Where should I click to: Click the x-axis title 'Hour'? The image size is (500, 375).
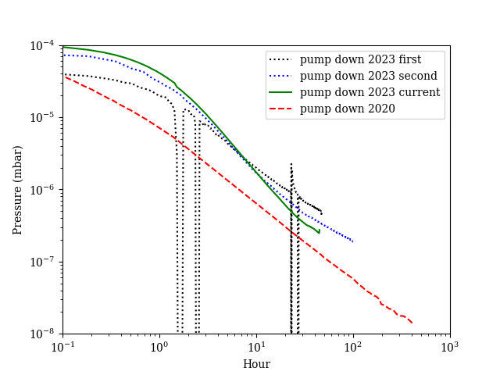256,364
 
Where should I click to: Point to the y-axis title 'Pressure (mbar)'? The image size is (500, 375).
17,190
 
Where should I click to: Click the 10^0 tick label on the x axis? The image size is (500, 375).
159,348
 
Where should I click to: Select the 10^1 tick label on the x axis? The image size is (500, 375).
256,348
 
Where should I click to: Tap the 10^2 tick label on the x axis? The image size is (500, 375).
353,348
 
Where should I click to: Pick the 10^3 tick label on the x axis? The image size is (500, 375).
450,348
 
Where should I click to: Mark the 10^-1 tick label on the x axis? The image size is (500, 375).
62,348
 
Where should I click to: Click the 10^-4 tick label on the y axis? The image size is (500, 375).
43,45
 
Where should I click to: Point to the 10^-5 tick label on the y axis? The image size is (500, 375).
43,117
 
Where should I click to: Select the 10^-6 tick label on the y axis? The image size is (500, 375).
43,190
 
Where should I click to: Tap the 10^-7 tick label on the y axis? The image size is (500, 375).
43,262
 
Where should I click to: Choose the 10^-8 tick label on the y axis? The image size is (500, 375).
43,334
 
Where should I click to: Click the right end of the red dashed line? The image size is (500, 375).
412,323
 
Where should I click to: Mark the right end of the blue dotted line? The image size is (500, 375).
353,241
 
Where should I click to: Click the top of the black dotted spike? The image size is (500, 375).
291,164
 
